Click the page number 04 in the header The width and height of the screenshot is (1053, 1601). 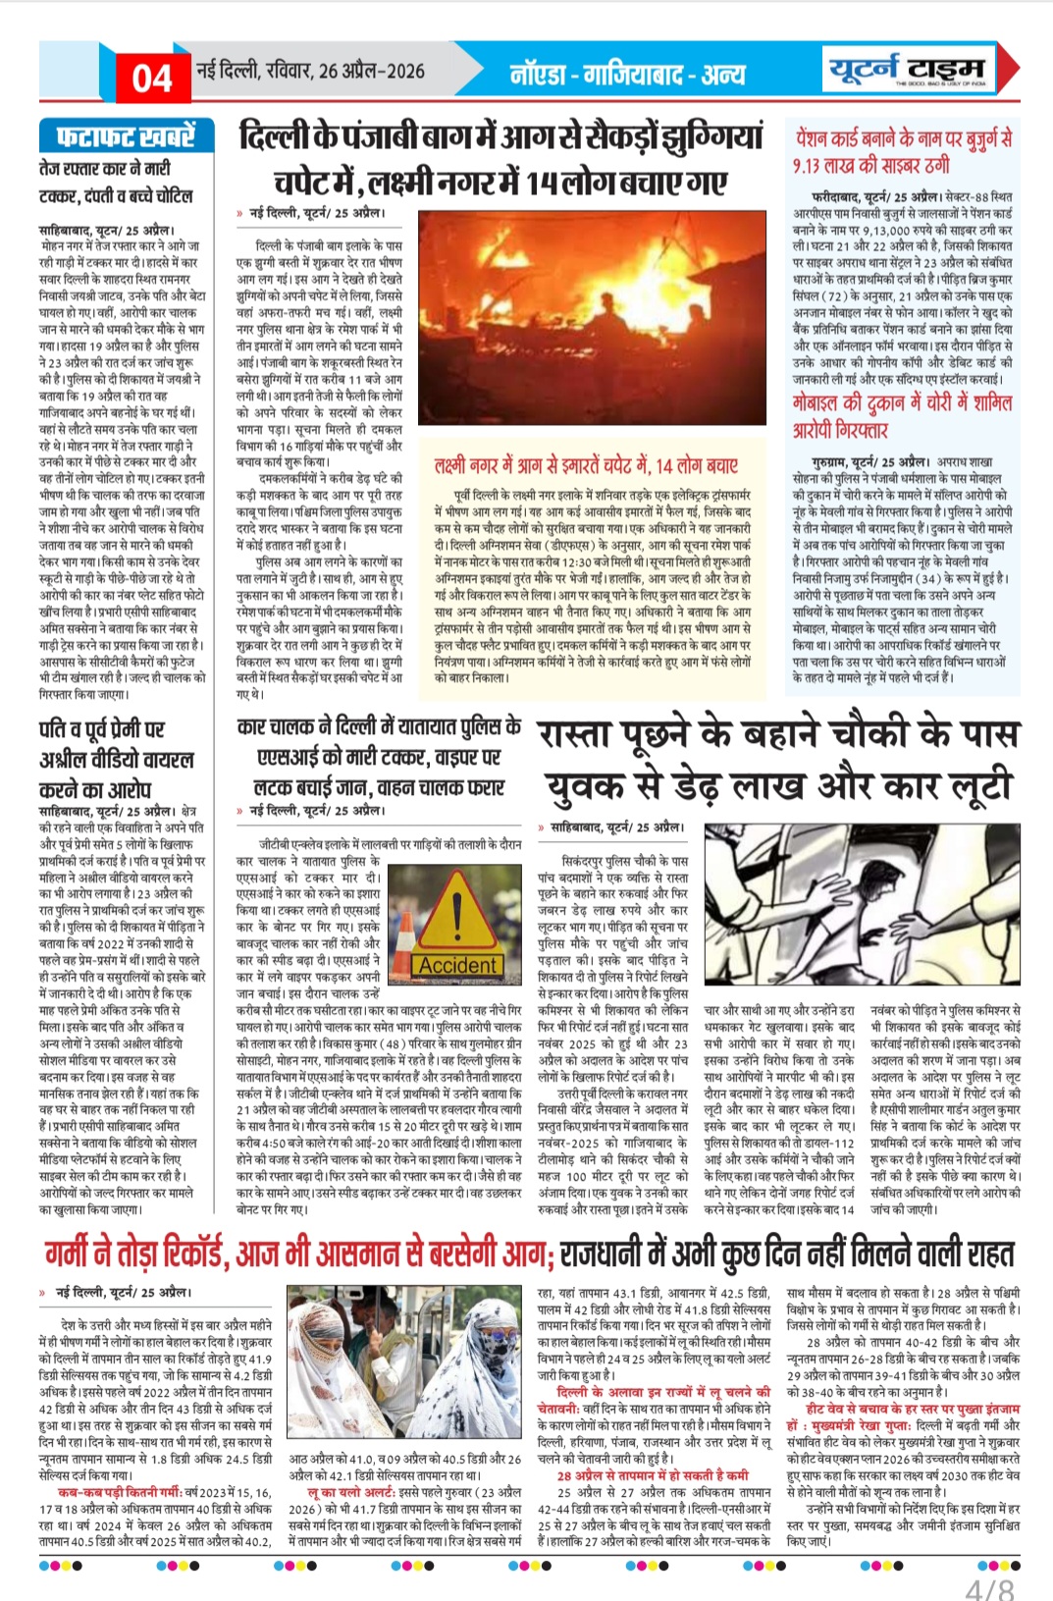[x=152, y=77]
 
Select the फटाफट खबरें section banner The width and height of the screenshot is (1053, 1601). [x=118, y=135]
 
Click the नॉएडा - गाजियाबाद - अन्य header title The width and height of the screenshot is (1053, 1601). [x=627, y=74]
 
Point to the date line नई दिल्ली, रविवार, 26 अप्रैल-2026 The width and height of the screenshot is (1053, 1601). [x=311, y=71]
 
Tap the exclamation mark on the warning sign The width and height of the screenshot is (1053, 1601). [x=457, y=912]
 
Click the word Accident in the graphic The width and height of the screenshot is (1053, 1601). [x=456, y=966]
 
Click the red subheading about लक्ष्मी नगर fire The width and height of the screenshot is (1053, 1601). [x=585, y=465]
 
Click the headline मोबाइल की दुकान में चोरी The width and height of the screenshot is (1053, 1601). [x=903, y=415]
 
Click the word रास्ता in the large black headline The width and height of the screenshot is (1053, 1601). [x=588, y=734]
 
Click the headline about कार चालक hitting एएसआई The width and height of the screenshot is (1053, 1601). [x=380, y=757]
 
